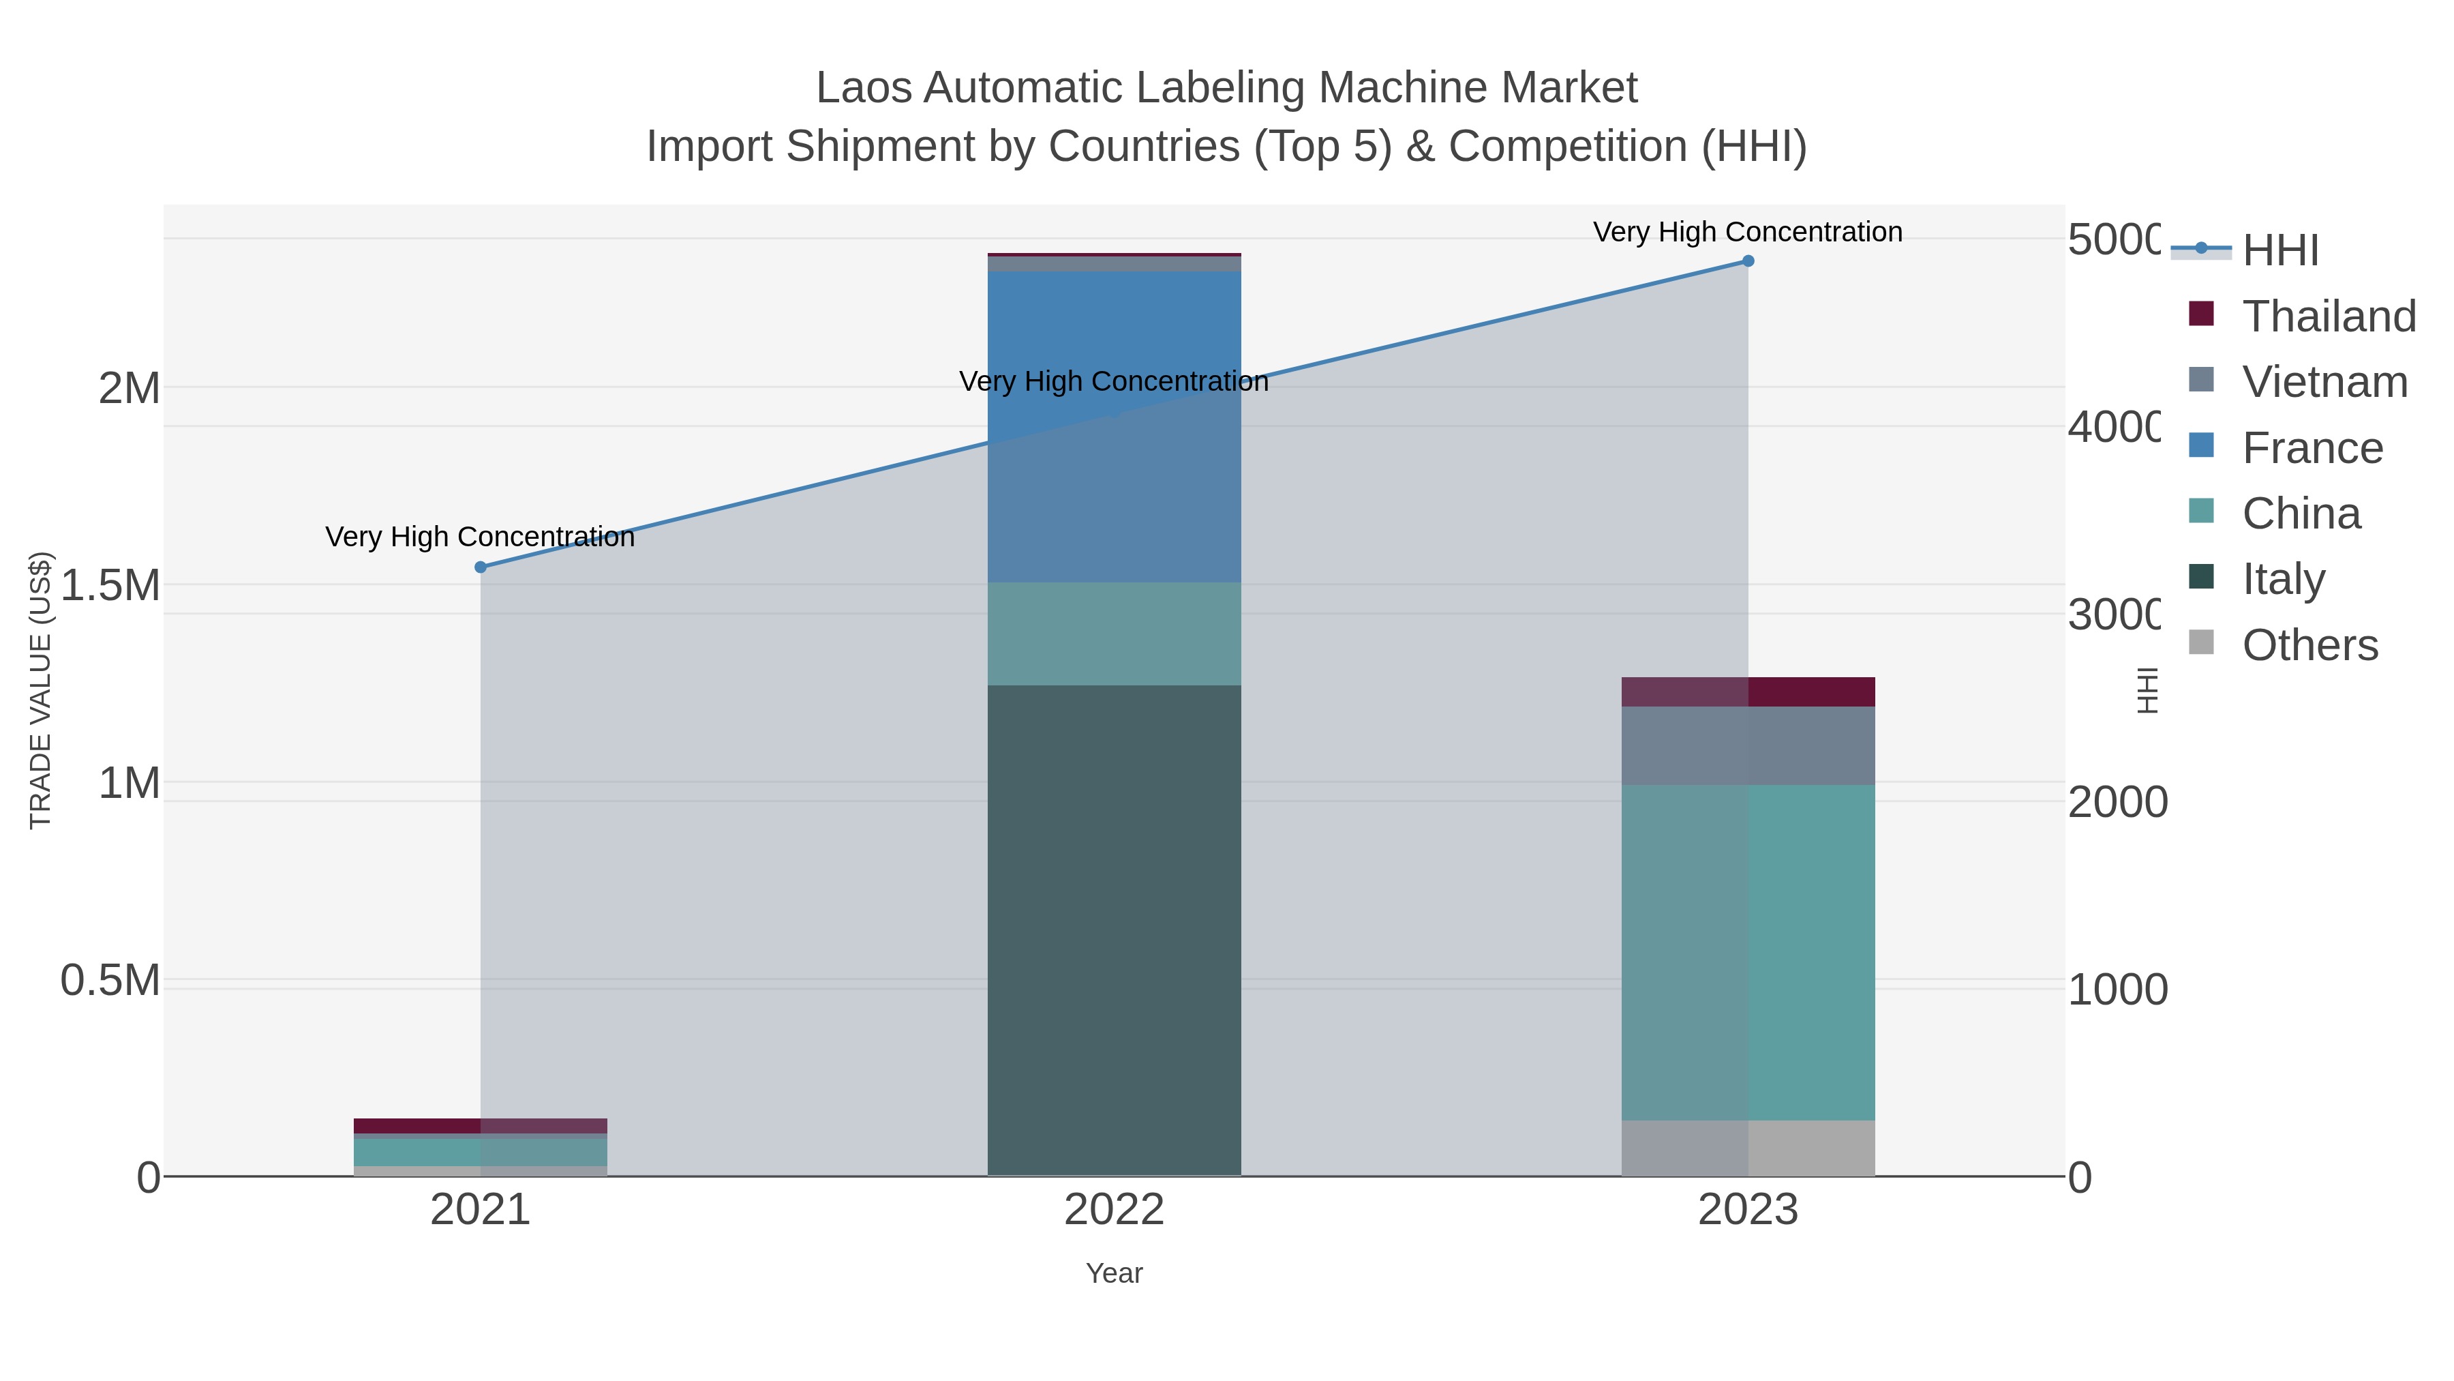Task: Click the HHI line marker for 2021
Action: [x=480, y=567]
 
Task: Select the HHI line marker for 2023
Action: [x=1748, y=261]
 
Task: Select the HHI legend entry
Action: [x=2279, y=250]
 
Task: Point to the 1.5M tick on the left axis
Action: [x=110, y=584]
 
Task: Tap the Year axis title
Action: [x=1114, y=1273]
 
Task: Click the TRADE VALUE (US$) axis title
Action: [x=40, y=690]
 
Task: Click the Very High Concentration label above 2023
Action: [x=1747, y=232]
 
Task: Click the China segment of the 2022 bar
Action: [x=1114, y=633]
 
